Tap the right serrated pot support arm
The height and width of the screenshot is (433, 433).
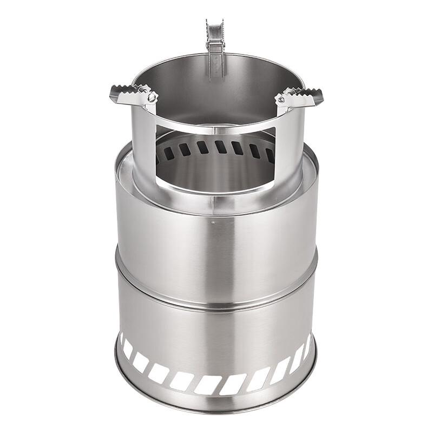point(301,97)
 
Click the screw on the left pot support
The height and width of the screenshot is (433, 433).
point(152,97)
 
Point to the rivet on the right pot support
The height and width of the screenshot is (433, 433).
point(281,100)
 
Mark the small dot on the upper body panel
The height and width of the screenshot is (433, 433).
point(214,221)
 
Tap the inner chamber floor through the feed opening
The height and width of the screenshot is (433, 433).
point(216,173)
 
